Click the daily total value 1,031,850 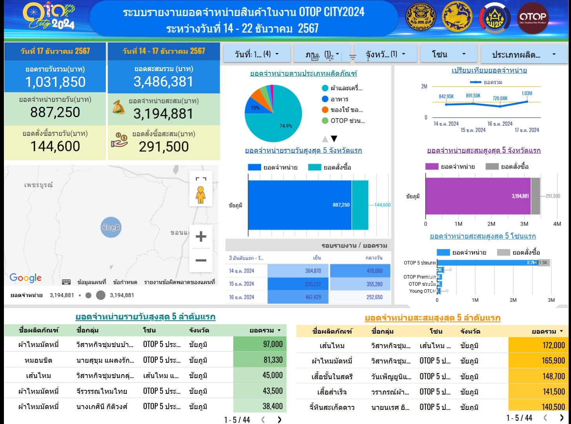click(55, 82)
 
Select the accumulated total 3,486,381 click(163, 82)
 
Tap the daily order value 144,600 click(55, 146)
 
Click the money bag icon click(119, 107)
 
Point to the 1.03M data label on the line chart click(527, 94)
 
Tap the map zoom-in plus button click(201, 237)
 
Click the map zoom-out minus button click(201, 260)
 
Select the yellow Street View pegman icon click(201, 195)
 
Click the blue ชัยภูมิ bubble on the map click(111, 227)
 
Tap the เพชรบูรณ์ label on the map click(38, 185)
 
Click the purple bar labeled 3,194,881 click(478, 196)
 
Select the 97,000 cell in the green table click(260, 344)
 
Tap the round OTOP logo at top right click(533, 18)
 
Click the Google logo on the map click(26, 278)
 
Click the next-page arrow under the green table click(279, 420)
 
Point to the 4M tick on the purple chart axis click(557, 224)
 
